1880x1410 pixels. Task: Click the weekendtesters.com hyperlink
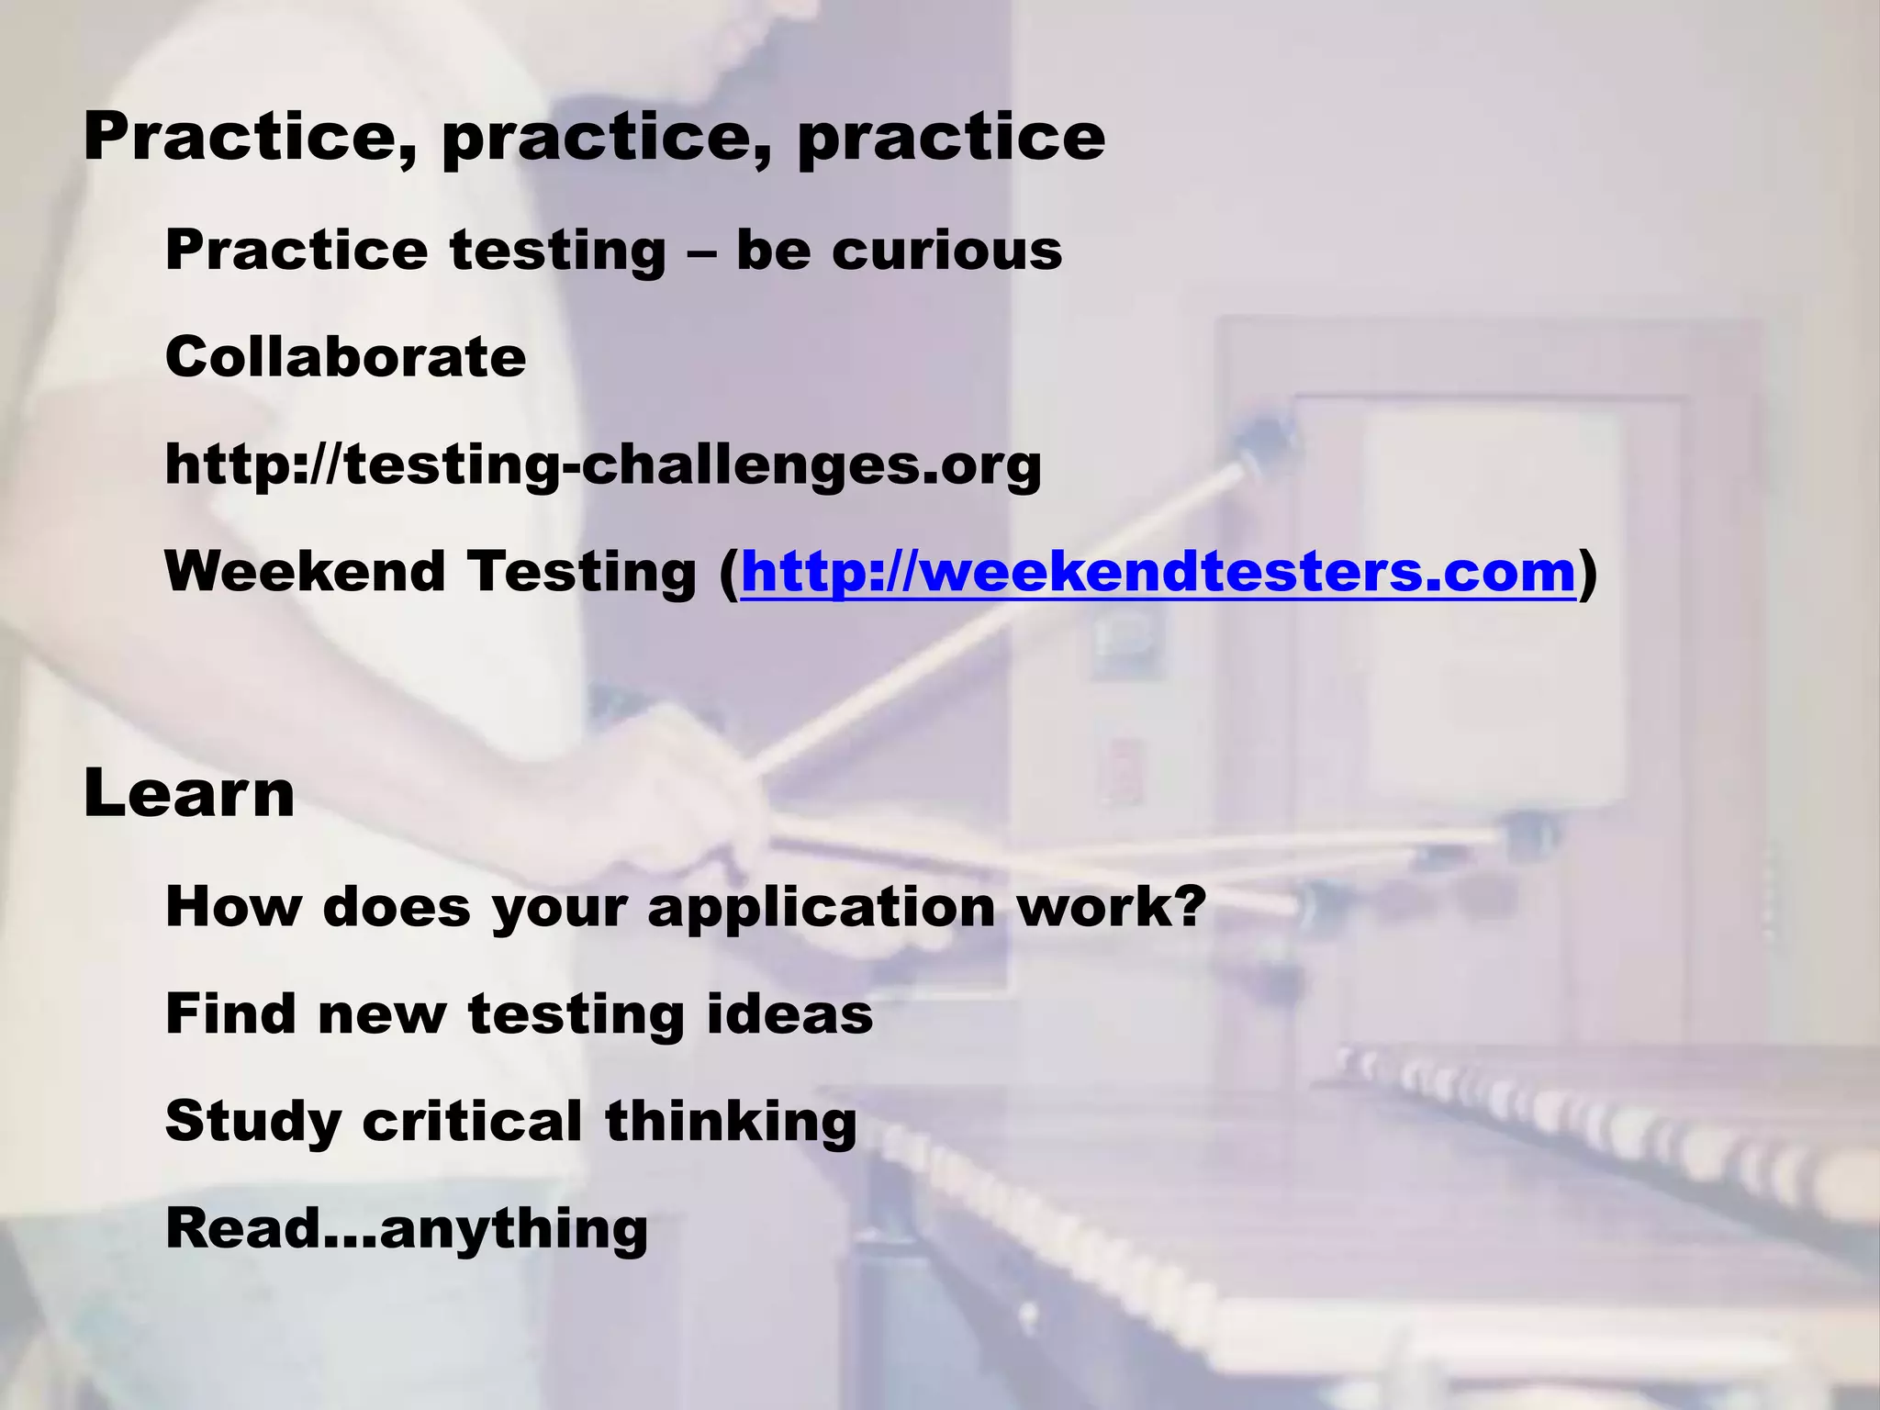click(1158, 572)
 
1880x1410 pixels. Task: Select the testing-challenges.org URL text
click(603, 464)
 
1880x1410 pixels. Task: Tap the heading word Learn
click(189, 794)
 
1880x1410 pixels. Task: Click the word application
click(822, 908)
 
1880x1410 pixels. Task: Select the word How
click(233, 906)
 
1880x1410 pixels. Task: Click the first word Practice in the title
click(251, 138)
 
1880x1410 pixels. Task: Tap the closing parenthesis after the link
click(1588, 573)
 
